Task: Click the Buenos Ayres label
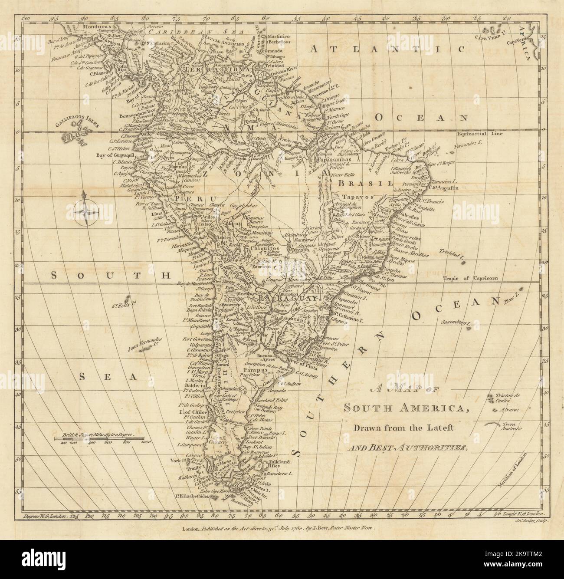257,355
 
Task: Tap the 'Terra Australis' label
509,426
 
